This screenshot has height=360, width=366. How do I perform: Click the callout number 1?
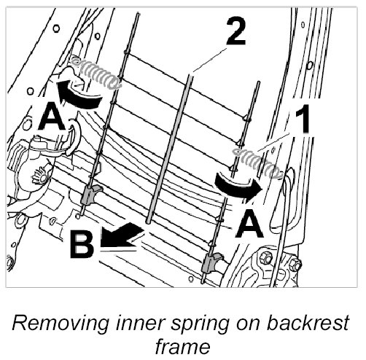pyautogui.click(x=302, y=120)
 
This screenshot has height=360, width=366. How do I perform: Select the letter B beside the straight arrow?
pyautogui.click(x=82, y=243)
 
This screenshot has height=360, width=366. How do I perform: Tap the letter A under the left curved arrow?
pyautogui.click(x=52, y=116)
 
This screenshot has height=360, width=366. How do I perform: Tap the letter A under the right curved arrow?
pyautogui.click(x=249, y=224)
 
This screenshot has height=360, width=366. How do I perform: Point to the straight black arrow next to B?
pyautogui.click(x=120, y=235)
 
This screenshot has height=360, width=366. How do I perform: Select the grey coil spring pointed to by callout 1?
pyautogui.click(x=257, y=163)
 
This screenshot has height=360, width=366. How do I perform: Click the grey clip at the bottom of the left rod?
pyautogui.click(x=91, y=195)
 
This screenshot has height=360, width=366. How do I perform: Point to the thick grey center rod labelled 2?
pyautogui.click(x=169, y=149)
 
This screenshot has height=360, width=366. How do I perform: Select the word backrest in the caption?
pyautogui.click(x=308, y=323)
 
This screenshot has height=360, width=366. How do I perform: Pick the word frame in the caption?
pyautogui.click(x=183, y=346)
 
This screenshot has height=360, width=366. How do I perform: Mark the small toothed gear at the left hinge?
pyautogui.click(x=39, y=176)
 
